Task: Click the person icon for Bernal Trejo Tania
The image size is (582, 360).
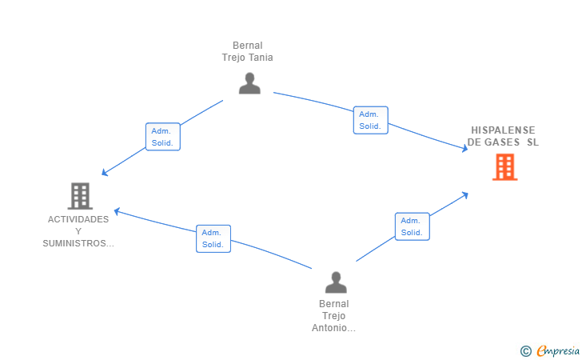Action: pyautogui.click(x=249, y=83)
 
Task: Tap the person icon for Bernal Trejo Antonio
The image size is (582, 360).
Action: pyautogui.click(x=336, y=282)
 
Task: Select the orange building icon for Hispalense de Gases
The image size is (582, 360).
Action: pyautogui.click(x=504, y=167)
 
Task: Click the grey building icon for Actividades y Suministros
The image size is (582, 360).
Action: pyautogui.click(x=80, y=196)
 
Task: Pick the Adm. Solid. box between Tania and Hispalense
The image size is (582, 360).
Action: pyautogui.click(x=370, y=120)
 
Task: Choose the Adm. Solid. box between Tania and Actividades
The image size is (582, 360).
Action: pyautogui.click(x=163, y=137)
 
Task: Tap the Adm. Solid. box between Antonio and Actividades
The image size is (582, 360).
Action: pyautogui.click(x=213, y=238)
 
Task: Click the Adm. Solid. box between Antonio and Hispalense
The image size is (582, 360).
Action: pyautogui.click(x=412, y=226)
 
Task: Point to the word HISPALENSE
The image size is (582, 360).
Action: pyautogui.click(x=503, y=130)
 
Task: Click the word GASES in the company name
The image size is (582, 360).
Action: pyautogui.click(x=502, y=142)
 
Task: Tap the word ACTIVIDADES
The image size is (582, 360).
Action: pyautogui.click(x=78, y=219)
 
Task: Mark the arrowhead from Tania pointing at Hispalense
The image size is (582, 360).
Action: pyautogui.click(x=464, y=149)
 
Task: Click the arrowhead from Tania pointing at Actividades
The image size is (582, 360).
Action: pyautogui.click(x=105, y=172)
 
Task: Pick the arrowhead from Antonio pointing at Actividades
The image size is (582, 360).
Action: pyautogui.click(x=117, y=211)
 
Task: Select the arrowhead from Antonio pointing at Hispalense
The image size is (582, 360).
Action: pyautogui.click(x=464, y=194)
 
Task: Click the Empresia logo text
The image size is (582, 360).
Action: pyautogui.click(x=558, y=350)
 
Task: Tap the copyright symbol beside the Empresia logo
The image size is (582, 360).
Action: pyautogui.click(x=525, y=351)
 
